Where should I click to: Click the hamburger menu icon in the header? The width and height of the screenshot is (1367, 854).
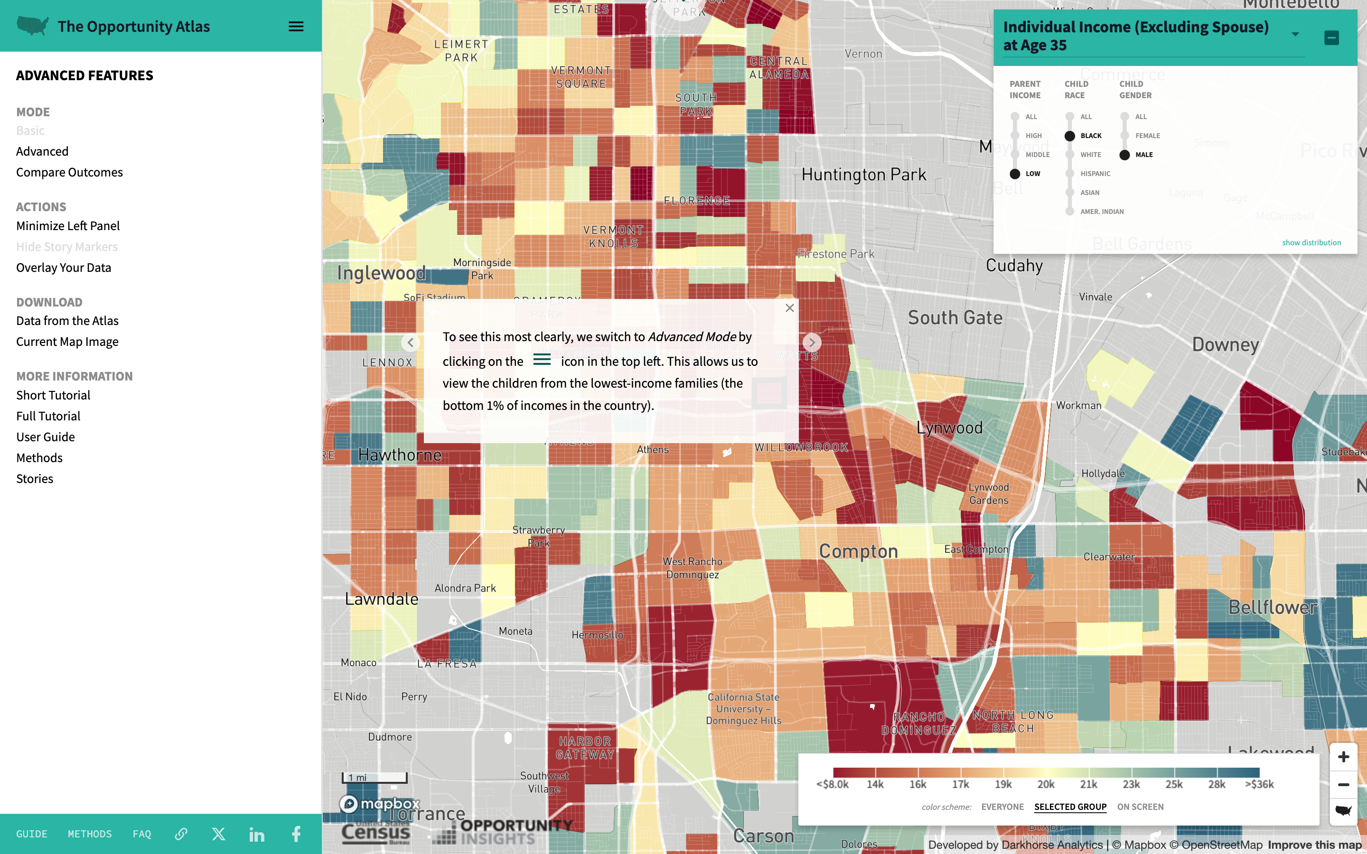[296, 27]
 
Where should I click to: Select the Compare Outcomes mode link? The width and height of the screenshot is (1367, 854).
[69, 172]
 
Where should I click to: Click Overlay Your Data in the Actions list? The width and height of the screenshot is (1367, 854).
[63, 268]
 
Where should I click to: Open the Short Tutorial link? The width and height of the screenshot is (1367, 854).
[53, 395]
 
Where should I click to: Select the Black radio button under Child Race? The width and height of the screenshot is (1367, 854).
[1069, 136]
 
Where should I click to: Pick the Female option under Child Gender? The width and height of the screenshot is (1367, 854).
[1124, 136]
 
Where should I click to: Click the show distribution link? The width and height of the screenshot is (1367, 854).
[1311, 243]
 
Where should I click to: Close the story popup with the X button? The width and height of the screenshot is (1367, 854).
[790, 308]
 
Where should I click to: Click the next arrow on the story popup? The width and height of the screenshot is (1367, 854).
[812, 342]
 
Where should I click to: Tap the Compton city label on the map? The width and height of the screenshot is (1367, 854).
[858, 551]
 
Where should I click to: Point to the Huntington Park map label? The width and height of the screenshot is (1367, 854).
[864, 175]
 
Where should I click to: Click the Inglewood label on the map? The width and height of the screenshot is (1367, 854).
[381, 273]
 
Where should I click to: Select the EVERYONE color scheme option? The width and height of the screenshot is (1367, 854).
[1002, 807]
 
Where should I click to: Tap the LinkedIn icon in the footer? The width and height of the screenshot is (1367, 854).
[257, 834]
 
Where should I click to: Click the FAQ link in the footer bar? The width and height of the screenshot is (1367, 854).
[142, 834]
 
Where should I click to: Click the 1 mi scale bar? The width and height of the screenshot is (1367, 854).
[374, 778]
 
